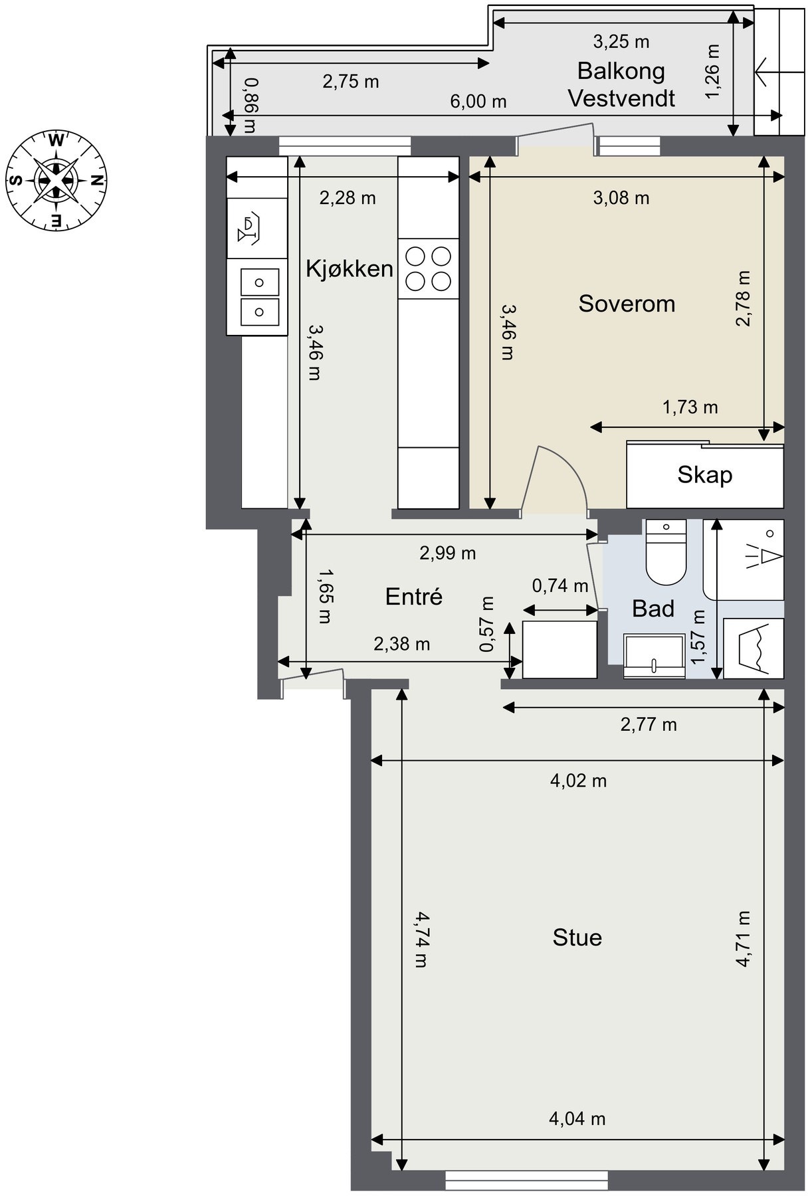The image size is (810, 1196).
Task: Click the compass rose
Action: click(56, 179)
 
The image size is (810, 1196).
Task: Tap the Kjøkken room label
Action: click(350, 269)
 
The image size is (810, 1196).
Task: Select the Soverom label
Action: click(627, 304)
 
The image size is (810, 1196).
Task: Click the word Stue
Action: click(577, 938)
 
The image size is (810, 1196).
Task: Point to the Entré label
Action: click(414, 596)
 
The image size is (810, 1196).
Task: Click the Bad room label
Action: click(653, 608)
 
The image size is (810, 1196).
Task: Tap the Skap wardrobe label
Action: click(704, 475)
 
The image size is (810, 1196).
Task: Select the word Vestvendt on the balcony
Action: click(621, 98)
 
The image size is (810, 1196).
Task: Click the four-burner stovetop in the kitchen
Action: click(429, 268)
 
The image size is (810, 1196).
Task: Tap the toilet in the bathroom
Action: click(666, 551)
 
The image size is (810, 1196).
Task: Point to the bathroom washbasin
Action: click(655, 656)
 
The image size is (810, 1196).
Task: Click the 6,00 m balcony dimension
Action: click(478, 102)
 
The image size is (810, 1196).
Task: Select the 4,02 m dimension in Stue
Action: click(578, 781)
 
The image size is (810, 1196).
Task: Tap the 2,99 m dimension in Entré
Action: click(448, 553)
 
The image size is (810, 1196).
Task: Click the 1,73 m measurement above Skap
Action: click(690, 407)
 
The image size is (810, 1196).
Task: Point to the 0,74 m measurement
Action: click(560, 586)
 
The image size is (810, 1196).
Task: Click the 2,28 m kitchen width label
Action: click(348, 198)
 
